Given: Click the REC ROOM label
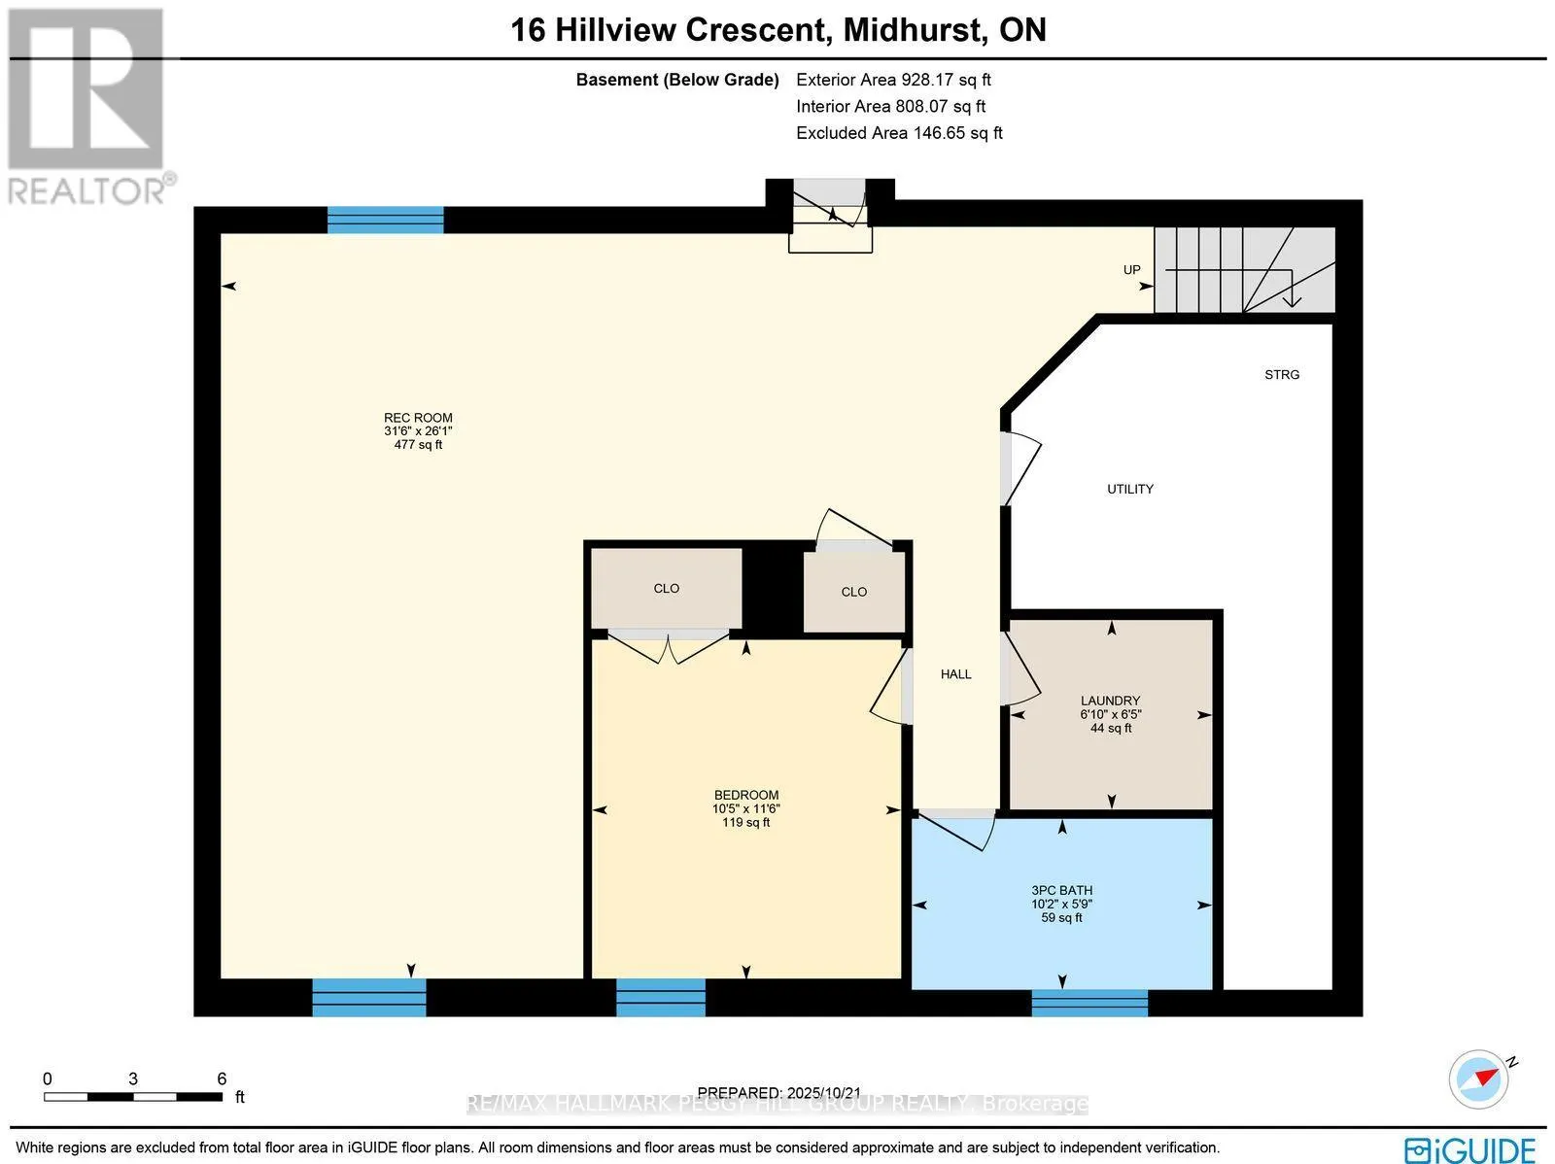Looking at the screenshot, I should (418, 418).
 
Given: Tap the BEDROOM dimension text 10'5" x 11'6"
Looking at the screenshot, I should (745, 808).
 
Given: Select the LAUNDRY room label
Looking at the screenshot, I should (1110, 701).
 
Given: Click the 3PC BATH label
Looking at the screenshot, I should (1061, 890).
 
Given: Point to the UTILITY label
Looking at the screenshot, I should (1129, 489).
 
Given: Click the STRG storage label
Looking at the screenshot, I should (1281, 374).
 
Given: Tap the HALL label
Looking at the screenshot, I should (955, 673).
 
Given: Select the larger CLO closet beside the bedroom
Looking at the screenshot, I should (667, 589).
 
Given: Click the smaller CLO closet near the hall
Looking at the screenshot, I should (853, 592).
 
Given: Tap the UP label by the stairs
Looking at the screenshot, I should (1131, 270).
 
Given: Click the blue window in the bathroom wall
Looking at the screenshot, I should (1088, 1003).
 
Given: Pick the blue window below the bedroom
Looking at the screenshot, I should (661, 998).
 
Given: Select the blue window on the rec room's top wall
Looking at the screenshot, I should (385, 221).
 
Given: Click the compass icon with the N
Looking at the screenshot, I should (1478, 1079).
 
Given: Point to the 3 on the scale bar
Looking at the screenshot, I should (132, 1078).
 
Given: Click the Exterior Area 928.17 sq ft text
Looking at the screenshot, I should (893, 80).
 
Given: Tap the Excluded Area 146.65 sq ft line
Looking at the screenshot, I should (899, 132).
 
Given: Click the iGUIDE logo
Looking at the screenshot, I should (1470, 1149).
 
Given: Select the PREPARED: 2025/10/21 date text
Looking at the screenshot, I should (780, 1092).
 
